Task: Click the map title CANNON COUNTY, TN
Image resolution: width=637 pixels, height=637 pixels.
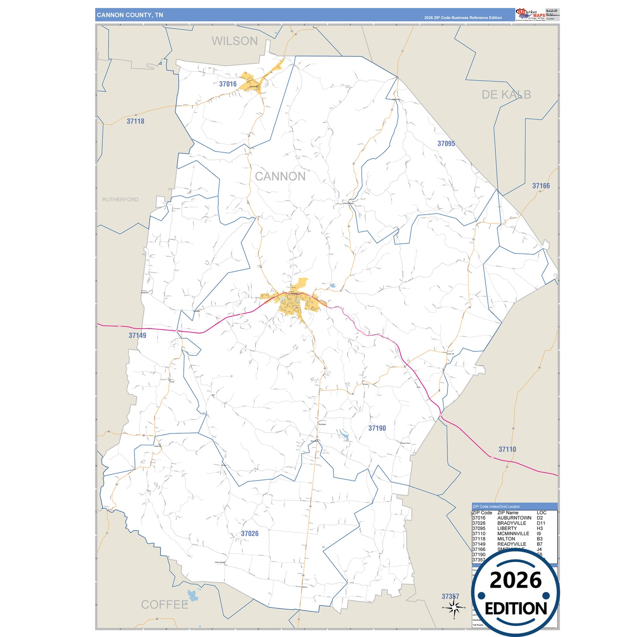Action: [130, 15]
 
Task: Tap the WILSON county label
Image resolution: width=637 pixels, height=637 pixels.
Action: [235, 41]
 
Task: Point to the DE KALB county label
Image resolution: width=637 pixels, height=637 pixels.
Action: [506, 95]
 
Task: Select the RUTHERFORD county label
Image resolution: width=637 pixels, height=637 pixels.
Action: [120, 200]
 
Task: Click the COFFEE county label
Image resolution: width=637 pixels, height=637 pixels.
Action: [164, 604]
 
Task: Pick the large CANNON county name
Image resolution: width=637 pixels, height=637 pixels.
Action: [280, 176]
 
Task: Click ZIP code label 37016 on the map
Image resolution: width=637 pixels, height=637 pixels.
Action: [228, 84]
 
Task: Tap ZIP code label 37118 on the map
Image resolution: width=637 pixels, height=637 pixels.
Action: [135, 121]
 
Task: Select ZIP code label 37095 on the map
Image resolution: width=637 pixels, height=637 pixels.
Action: [446, 144]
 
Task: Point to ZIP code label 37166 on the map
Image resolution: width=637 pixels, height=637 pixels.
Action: [541, 186]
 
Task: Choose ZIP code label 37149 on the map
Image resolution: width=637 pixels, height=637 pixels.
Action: [137, 335]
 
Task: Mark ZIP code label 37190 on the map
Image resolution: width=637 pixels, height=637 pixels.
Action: [377, 428]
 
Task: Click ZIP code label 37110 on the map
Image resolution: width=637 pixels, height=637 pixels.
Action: [507, 449]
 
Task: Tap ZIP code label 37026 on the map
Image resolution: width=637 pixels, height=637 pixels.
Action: [250, 534]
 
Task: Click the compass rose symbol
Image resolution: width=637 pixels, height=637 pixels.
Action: [454, 608]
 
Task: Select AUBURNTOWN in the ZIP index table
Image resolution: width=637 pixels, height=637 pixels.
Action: [514, 518]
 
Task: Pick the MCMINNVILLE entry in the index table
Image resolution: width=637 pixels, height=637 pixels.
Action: [513, 534]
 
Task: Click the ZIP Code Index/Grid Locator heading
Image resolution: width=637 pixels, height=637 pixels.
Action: [496, 507]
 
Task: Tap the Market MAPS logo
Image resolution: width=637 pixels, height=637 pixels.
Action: [530, 14]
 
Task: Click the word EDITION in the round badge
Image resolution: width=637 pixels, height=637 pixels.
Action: [516, 609]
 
